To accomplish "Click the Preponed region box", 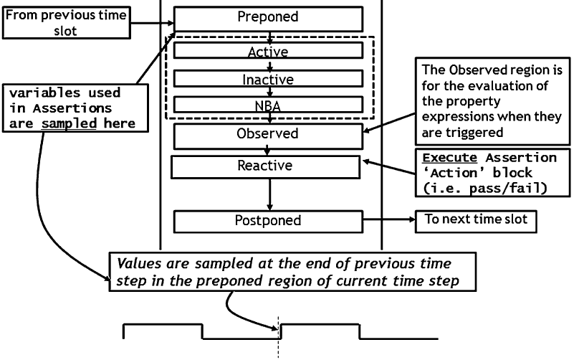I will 267,18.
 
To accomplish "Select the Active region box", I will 267,52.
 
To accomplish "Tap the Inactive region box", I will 267,77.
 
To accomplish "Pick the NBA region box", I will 267,105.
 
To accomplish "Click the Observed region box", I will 267,134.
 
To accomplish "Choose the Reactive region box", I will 264,166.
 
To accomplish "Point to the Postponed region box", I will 267,221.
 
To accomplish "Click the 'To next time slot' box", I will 476,220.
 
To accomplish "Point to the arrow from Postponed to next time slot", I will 387,221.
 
